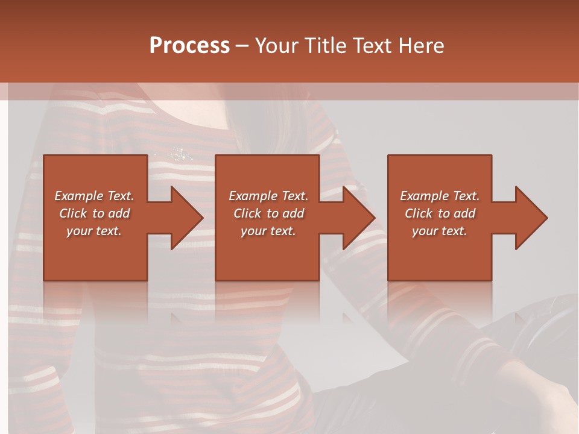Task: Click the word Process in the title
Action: click(x=189, y=45)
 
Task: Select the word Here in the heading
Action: click(x=422, y=45)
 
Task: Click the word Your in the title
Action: click(x=276, y=45)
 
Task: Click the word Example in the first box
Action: click(x=78, y=196)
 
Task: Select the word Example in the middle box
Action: click(x=253, y=196)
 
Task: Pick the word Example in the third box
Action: click(x=424, y=196)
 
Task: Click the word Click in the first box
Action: click(x=72, y=213)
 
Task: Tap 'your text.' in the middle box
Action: click(x=268, y=231)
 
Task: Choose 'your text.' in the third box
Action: click(x=439, y=231)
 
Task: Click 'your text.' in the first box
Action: click(x=93, y=231)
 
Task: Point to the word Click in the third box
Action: click(x=419, y=213)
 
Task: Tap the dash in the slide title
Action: click(x=242, y=46)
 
